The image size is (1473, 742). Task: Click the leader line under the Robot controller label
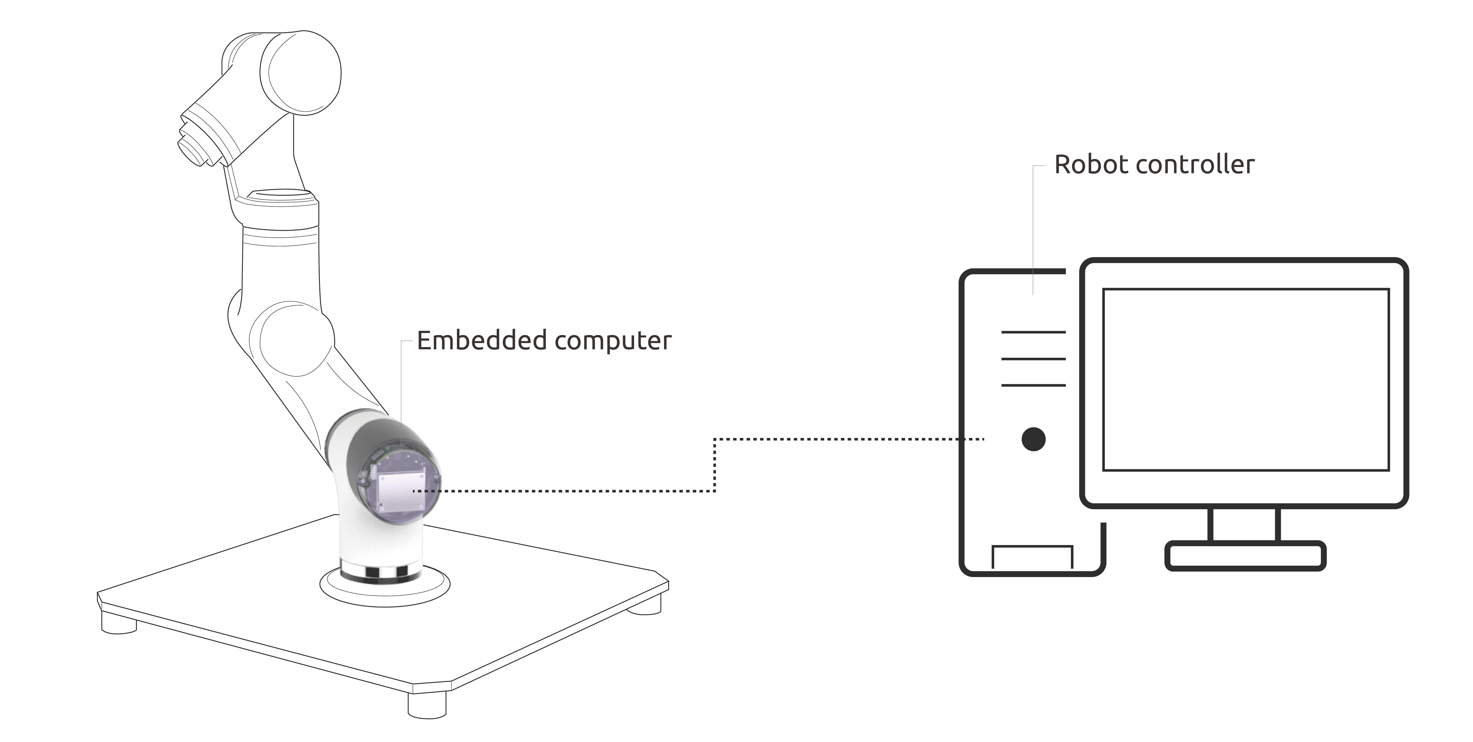[1033, 229]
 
